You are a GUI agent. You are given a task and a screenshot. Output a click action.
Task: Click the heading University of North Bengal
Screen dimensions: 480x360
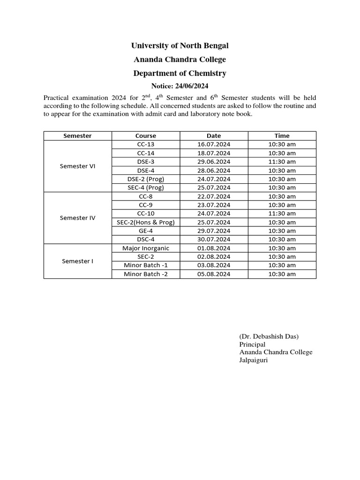pos(180,45)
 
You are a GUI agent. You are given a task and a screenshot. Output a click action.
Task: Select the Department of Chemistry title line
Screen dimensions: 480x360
pos(180,73)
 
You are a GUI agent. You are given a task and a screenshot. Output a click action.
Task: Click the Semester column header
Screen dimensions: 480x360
pos(77,136)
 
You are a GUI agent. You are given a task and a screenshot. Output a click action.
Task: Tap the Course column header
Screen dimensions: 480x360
pos(145,136)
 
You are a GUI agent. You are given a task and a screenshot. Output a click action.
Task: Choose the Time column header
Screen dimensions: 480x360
pos(282,136)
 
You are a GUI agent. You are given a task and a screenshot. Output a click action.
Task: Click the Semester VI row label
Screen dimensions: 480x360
pos(77,166)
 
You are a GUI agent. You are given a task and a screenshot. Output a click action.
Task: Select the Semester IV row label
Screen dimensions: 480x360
pos(77,217)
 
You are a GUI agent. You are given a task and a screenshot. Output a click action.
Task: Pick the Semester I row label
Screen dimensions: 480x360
pos(77,261)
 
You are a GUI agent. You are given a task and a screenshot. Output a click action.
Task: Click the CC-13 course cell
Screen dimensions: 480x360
pos(145,144)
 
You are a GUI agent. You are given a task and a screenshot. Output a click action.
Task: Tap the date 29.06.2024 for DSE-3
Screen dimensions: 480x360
pos(214,162)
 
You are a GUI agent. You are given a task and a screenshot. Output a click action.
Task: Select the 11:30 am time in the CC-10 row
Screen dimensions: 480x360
pos(282,213)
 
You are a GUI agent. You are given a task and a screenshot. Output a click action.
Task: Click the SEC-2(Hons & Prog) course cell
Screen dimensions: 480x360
pos(145,222)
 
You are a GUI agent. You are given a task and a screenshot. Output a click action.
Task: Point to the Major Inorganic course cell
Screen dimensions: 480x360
pos(145,248)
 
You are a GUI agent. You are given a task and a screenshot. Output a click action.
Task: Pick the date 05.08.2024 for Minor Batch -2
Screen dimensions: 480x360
pos(214,274)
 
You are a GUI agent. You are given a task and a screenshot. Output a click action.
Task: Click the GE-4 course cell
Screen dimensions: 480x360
pos(145,231)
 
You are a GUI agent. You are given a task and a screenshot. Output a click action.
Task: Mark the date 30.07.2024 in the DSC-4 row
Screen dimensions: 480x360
pos(214,239)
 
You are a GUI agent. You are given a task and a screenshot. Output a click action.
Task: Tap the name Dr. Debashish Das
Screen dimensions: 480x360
pos(269,337)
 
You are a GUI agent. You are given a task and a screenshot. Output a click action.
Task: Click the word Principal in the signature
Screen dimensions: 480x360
pos(252,345)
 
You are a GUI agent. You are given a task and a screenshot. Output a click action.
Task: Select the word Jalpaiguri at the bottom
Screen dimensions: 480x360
pos(253,360)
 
